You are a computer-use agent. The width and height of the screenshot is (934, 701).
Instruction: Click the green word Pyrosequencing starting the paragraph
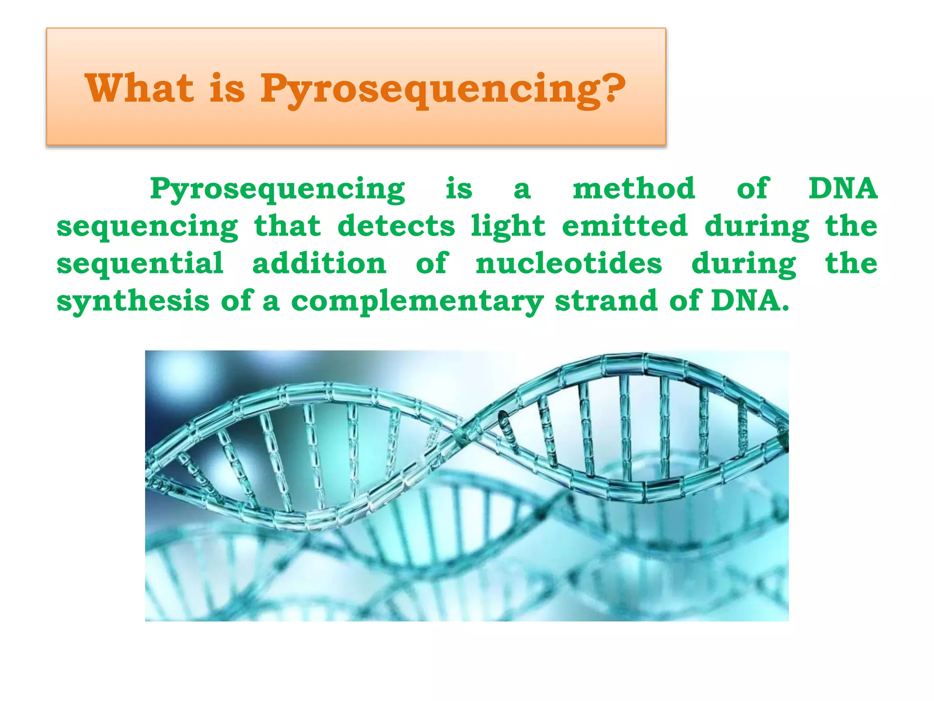point(277,189)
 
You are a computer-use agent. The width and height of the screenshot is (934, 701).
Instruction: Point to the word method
point(634,188)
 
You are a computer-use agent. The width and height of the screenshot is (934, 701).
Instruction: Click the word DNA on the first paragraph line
point(843,188)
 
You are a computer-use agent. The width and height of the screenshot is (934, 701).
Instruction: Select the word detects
point(396,226)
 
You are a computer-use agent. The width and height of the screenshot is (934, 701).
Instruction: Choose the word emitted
point(624,226)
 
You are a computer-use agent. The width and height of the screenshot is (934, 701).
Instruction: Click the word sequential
point(140,264)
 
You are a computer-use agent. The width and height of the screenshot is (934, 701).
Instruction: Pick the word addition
point(319,263)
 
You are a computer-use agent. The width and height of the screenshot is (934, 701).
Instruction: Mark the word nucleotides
point(569,263)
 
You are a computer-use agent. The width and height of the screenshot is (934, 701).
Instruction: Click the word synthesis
point(133,302)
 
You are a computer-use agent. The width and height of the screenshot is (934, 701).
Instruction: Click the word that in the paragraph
point(287,226)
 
